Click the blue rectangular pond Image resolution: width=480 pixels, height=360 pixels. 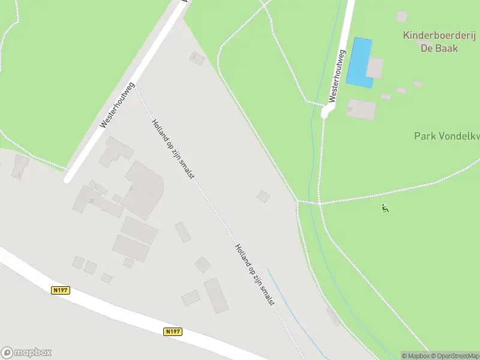(x=359, y=62)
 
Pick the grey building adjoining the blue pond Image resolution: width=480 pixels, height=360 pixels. (x=375, y=68)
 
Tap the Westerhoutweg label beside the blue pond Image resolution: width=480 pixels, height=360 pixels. (x=337, y=75)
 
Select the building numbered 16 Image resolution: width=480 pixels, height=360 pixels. (x=361, y=109)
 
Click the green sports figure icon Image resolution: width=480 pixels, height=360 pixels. (x=385, y=209)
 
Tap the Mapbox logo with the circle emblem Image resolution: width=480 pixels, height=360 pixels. (x=26, y=353)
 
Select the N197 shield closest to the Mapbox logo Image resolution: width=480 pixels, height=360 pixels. (x=61, y=290)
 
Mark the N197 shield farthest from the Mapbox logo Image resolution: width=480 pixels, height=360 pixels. (x=172, y=331)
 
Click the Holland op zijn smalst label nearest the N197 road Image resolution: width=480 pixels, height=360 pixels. (x=255, y=274)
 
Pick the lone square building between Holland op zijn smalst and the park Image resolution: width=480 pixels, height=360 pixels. (x=263, y=196)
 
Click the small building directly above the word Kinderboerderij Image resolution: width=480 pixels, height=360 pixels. (x=402, y=16)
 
